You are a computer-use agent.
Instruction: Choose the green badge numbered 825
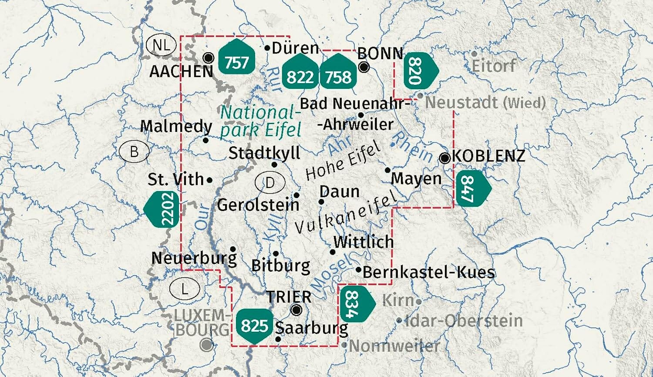(255, 325)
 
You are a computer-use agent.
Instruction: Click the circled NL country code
(161, 45)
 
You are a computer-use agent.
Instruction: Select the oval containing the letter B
(134, 151)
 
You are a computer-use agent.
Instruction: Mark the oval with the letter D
(270, 182)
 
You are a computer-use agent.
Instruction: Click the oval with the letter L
(185, 289)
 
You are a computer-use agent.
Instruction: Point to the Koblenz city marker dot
(445, 158)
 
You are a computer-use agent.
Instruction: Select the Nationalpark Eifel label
(261, 121)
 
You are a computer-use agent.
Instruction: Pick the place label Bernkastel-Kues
(428, 272)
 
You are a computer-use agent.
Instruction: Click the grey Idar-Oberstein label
(463, 321)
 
